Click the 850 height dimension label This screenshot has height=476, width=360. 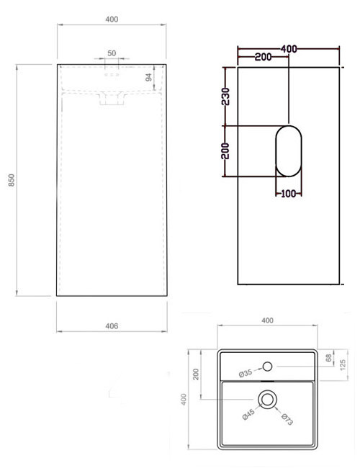click(11, 181)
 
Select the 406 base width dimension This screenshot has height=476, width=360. click(112, 325)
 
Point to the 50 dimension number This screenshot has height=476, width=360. click(112, 53)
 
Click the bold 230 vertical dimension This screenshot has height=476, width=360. click(225, 96)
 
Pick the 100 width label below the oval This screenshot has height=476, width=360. click(289, 193)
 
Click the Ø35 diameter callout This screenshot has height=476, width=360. click(246, 373)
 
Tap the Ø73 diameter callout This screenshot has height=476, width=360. click(286, 418)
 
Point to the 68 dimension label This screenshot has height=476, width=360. click(329, 358)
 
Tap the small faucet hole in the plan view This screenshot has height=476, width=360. click(267, 366)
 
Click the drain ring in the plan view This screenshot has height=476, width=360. click(267, 399)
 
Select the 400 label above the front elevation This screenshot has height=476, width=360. click(112, 19)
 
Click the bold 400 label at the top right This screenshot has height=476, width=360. click(289, 48)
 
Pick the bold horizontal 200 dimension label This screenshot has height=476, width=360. click(263, 57)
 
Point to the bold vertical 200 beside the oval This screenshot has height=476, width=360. click(225, 151)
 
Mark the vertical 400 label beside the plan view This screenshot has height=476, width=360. click(184, 399)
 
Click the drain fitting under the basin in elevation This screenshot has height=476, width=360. click(109, 102)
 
